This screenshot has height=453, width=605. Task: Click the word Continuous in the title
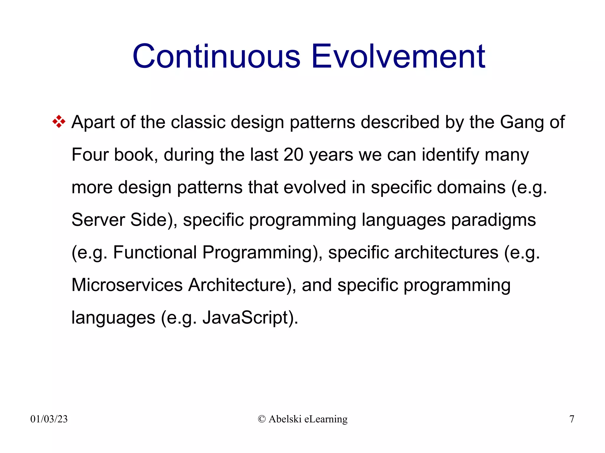click(217, 57)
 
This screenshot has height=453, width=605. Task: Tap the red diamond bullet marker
click(59, 122)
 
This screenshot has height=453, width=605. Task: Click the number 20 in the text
click(293, 155)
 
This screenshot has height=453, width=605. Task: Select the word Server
click(98, 220)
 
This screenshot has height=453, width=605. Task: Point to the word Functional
click(155, 253)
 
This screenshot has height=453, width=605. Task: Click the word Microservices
click(127, 285)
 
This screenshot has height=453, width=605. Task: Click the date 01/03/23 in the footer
click(49, 419)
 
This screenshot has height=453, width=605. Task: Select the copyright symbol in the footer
click(261, 419)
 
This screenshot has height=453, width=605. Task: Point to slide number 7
click(572, 419)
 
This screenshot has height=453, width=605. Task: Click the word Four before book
click(90, 155)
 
